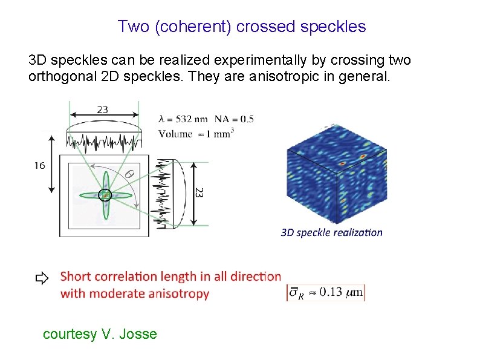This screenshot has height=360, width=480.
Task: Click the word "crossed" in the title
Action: coord(261,27)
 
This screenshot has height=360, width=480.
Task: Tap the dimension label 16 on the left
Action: coord(39,165)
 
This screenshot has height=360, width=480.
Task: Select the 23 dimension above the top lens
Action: coord(102,110)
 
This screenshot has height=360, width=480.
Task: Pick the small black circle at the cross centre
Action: coord(105,195)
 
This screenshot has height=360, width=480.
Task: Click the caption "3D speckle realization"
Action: coord(331,232)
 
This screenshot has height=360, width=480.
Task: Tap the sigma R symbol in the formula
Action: coord(296,293)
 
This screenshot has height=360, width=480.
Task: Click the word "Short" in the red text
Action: coord(77,277)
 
